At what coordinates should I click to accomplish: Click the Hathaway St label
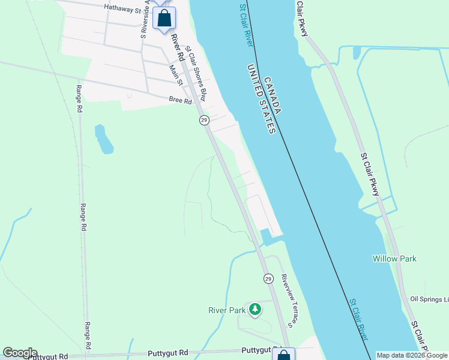125,8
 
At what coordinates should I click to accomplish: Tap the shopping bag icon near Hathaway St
164,18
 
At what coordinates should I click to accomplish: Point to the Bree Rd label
180,101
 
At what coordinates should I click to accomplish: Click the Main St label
175,76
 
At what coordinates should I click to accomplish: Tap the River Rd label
177,46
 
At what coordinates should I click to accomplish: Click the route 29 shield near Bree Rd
204,121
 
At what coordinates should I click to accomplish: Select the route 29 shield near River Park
268,278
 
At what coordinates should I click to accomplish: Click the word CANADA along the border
272,95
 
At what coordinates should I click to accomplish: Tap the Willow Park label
394,259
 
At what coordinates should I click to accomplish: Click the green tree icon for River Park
256,309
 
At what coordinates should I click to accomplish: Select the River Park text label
227,310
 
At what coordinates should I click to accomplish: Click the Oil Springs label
429,299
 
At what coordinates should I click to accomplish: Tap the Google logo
20,353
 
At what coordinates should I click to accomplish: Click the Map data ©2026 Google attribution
412,355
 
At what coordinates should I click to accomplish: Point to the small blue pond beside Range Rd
103,139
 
